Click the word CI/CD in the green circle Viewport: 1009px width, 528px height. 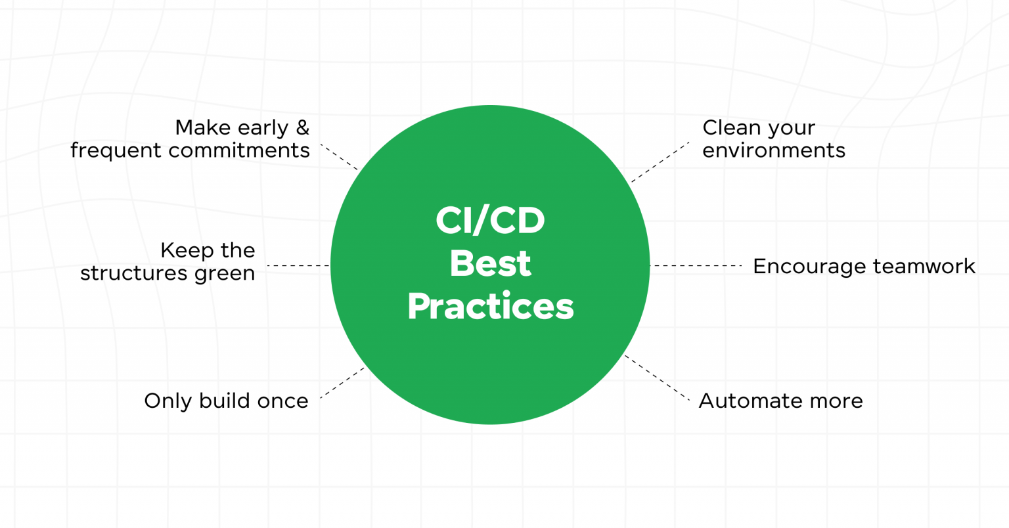pyautogui.click(x=490, y=221)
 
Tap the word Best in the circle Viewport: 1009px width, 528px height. pyautogui.click(x=490, y=263)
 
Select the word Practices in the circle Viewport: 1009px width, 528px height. pyautogui.click(x=490, y=306)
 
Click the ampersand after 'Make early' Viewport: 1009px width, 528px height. pyautogui.click(x=302, y=127)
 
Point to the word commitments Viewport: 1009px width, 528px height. pyautogui.click(x=240, y=150)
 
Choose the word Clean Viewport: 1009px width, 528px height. pyautogui.click(x=729, y=127)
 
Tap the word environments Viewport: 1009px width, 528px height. pyautogui.click(x=774, y=150)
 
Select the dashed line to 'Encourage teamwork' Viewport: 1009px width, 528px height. pyautogui.click(x=695, y=266)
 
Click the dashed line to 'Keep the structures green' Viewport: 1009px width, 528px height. pyautogui.click(x=298, y=266)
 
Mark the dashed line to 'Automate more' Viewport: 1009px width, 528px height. pyautogui.click(x=657, y=378)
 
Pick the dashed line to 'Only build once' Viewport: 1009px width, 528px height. pyautogui.click(x=342, y=383)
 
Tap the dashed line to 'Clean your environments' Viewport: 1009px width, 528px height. pyautogui.click(x=660, y=162)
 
